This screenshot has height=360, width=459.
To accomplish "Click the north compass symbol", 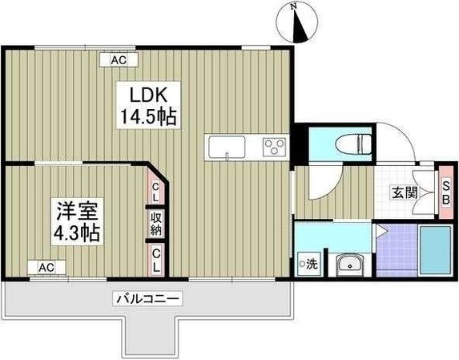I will (x=300, y=23).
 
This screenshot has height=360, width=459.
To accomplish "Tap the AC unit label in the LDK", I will (x=119, y=60).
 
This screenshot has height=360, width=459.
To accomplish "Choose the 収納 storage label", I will (x=156, y=224).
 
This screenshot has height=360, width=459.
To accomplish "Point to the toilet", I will (x=354, y=145).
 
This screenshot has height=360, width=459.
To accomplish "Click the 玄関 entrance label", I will (x=402, y=192).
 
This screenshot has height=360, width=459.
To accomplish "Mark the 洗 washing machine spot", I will (x=308, y=264).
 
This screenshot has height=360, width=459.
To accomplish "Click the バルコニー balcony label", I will (x=148, y=299).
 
